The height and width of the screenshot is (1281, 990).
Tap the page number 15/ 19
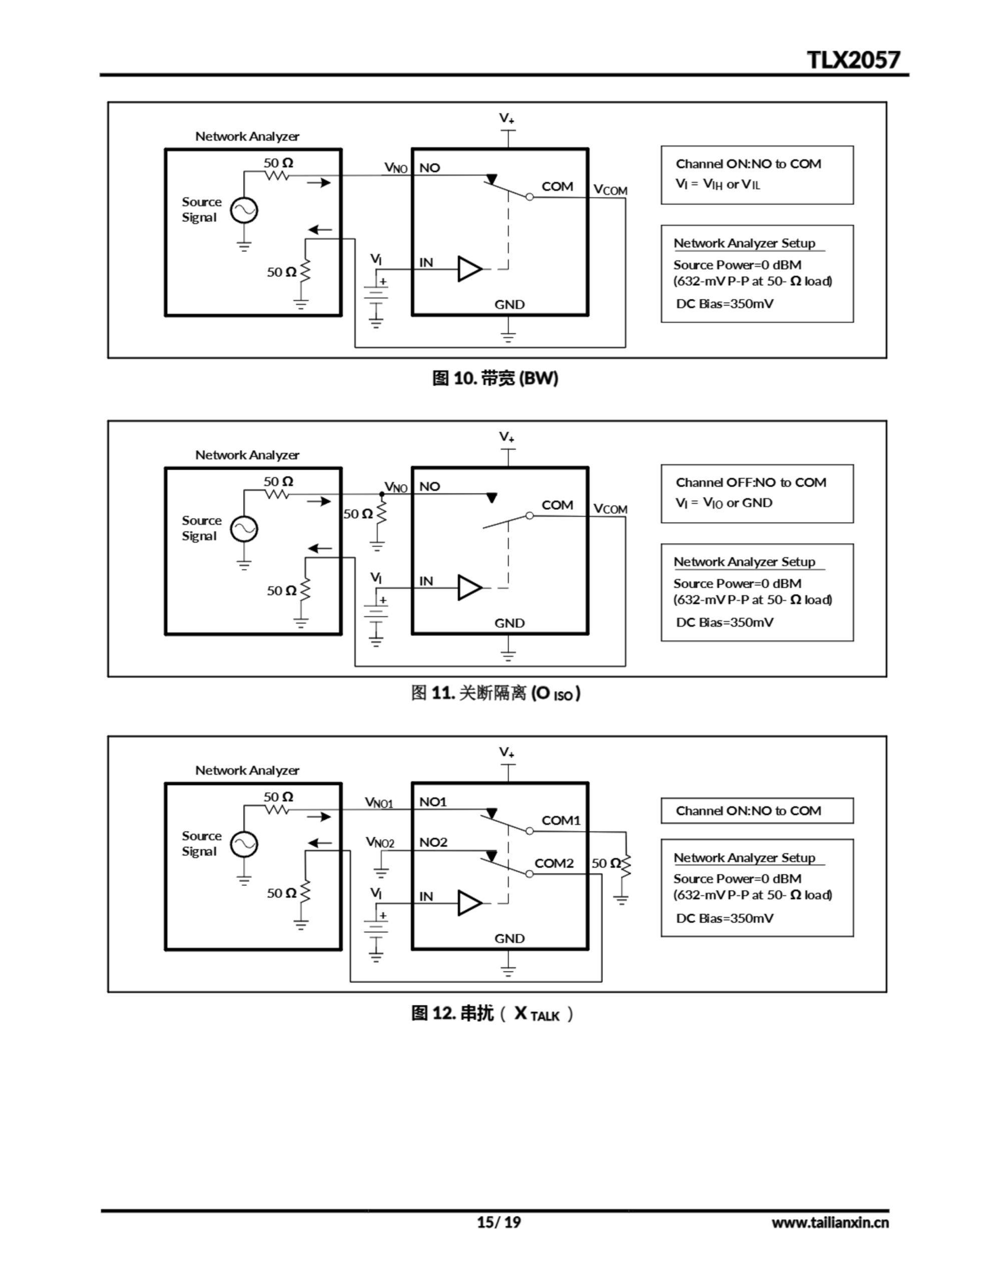pyautogui.click(x=498, y=1222)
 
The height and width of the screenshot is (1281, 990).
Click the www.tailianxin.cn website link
pyautogui.click(x=830, y=1222)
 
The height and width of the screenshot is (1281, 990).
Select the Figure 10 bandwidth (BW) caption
pyautogui.click(x=494, y=378)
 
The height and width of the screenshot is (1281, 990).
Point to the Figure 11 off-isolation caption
pyautogui.click(x=494, y=693)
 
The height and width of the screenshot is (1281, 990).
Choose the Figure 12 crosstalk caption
pyautogui.click(x=492, y=1013)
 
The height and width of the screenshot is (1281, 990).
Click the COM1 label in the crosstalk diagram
pyautogui.click(x=561, y=821)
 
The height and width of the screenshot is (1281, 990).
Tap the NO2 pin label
pyautogui.click(x=433, y=842)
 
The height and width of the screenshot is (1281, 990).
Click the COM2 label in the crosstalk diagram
pyautogui.click(x=554, y=863)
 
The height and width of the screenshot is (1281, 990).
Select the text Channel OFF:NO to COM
pyautogui.click(x=751, y=483)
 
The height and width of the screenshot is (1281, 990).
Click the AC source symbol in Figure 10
pyautogui.click(x=244, y=211)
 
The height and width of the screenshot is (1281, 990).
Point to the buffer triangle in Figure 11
pyautogui.click(x=469, y=588)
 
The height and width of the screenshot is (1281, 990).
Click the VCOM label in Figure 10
pyautogui.click(x=610, y=190)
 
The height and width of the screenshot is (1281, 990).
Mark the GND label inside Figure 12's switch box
pyautogui.click(x=509, y=938)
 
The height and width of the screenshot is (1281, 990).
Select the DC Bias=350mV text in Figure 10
pyautogui.click(x=724, y=304)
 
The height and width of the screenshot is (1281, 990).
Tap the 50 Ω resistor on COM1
pyautogui.click(x=626, y=866)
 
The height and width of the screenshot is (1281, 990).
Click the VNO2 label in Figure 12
pyautogui.click(x=380, y=843)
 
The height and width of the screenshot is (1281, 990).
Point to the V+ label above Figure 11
pyautogui.click(x=507, y=437)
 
